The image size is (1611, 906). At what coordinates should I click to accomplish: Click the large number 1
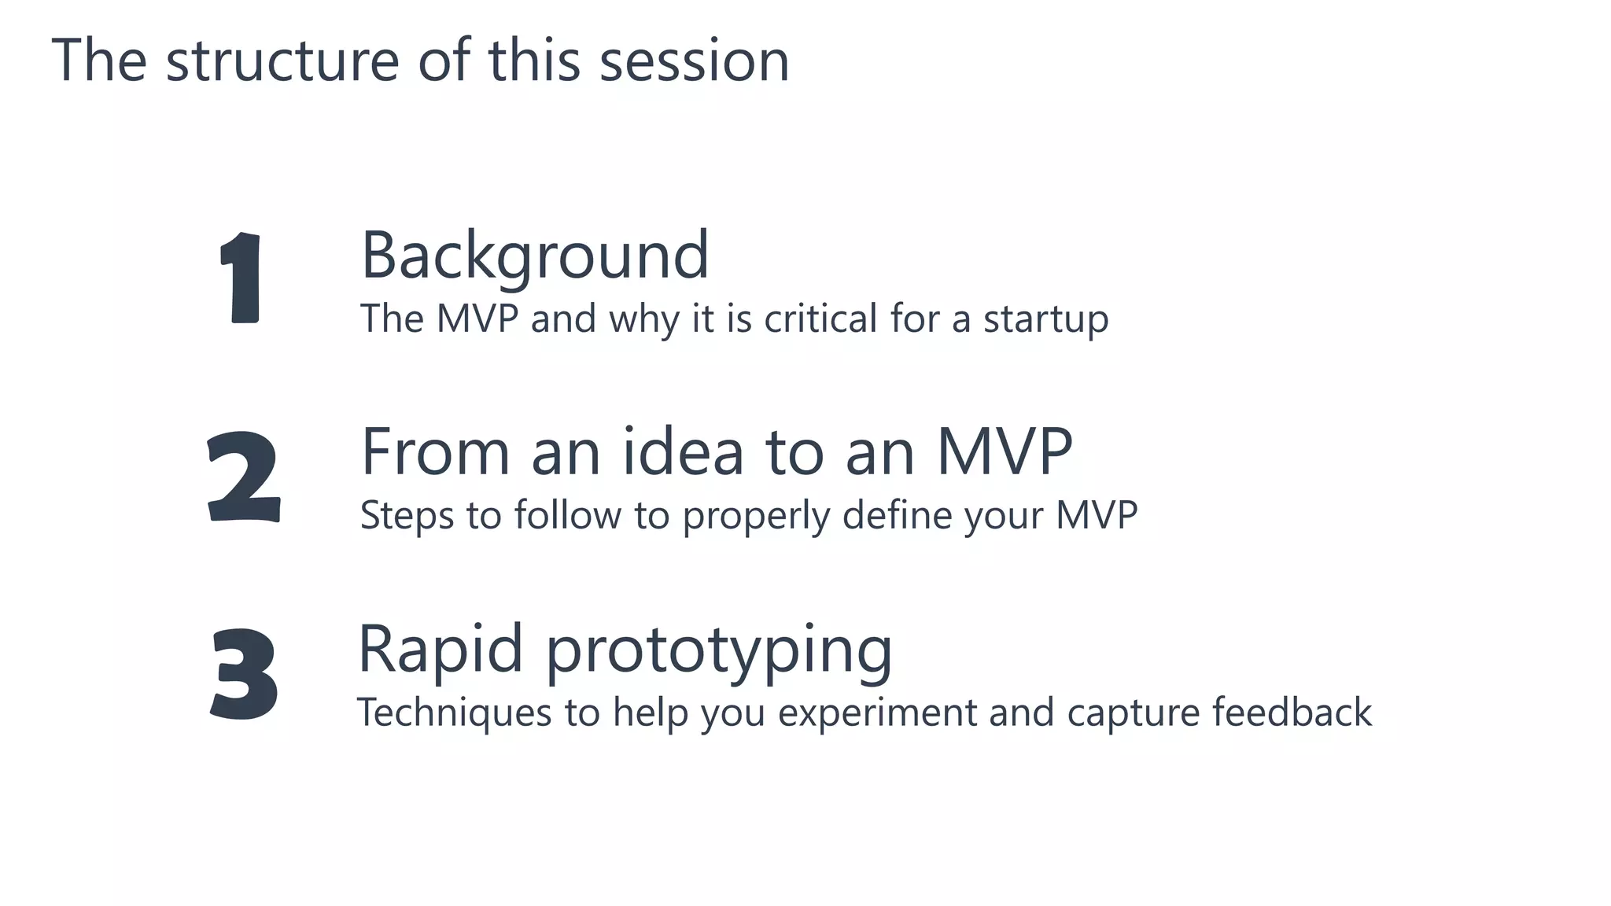240,277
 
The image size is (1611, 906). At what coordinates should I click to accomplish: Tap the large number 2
243,477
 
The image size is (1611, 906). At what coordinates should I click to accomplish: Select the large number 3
244,674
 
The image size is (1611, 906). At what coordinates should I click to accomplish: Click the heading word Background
535,256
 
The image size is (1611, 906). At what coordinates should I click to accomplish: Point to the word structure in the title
282,61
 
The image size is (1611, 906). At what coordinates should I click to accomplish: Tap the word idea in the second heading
683,452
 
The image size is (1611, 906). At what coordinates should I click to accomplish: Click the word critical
820,319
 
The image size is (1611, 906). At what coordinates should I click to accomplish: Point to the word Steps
407,517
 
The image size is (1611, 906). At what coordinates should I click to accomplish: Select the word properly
755,517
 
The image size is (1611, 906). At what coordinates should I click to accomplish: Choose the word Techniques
454,713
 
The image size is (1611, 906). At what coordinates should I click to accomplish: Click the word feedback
1292,713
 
